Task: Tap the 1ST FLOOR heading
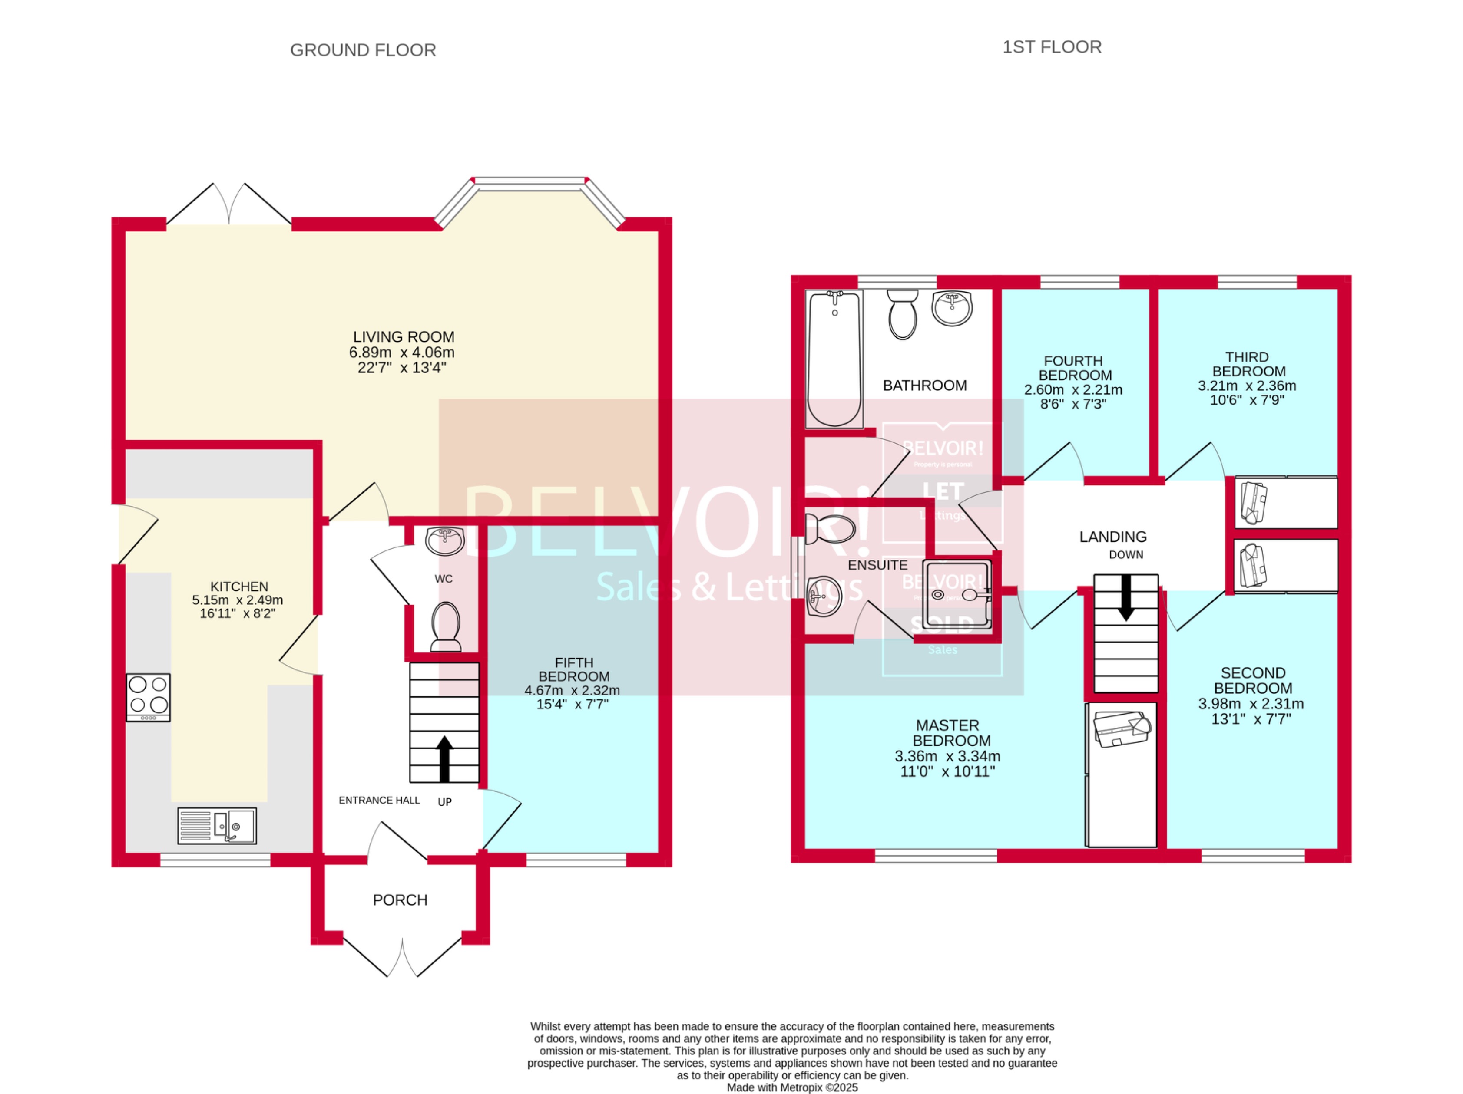pyautogui.click(x=1052, y=47)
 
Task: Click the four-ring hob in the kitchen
pyautogui.click(x=148, y=697)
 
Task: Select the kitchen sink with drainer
pyautogui.click(x=217, y=826)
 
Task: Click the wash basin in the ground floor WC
pyautogui.click(x=445, y=541)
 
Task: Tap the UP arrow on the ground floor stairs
pyautogui.click(x=444, y=759)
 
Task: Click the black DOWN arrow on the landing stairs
pyautogui.click(x=1125, y=597)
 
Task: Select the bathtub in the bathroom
pyautogui.click(x=835, y=359)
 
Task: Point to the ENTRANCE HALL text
pyautogui.click(x=379, y=800)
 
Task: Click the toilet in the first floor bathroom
pyautogui.click(x=902, y=315)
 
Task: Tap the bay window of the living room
pyautogui.click(x=530, y=185)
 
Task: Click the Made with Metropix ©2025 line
pyautogui.click(x=792, y=1087)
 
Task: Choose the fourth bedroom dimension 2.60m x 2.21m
pyautogui.click(x=1073, y=390)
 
